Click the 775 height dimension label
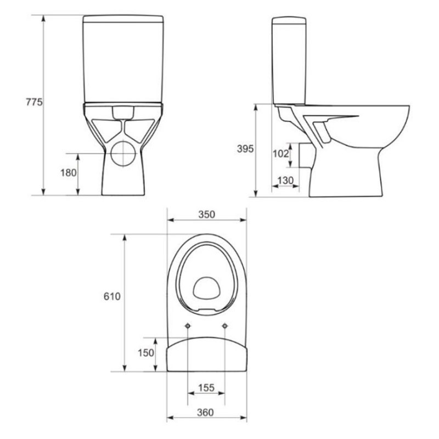[x=34, y=102]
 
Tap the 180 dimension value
[x=68, y=173]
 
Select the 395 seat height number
[x=245, y=149]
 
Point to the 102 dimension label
[x=280, y=154]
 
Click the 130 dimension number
[x=285, y=181]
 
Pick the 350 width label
[x=207, y=215]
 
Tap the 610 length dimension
[x=112, y=296]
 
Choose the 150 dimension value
[x=146, y=353]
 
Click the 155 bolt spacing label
[x=206, y=388]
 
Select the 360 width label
[x=205, y=413]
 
